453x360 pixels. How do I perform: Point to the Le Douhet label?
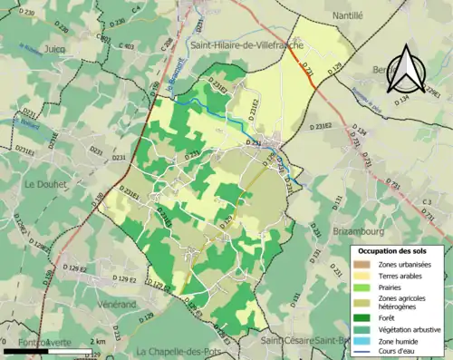[x=44, y=184]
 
